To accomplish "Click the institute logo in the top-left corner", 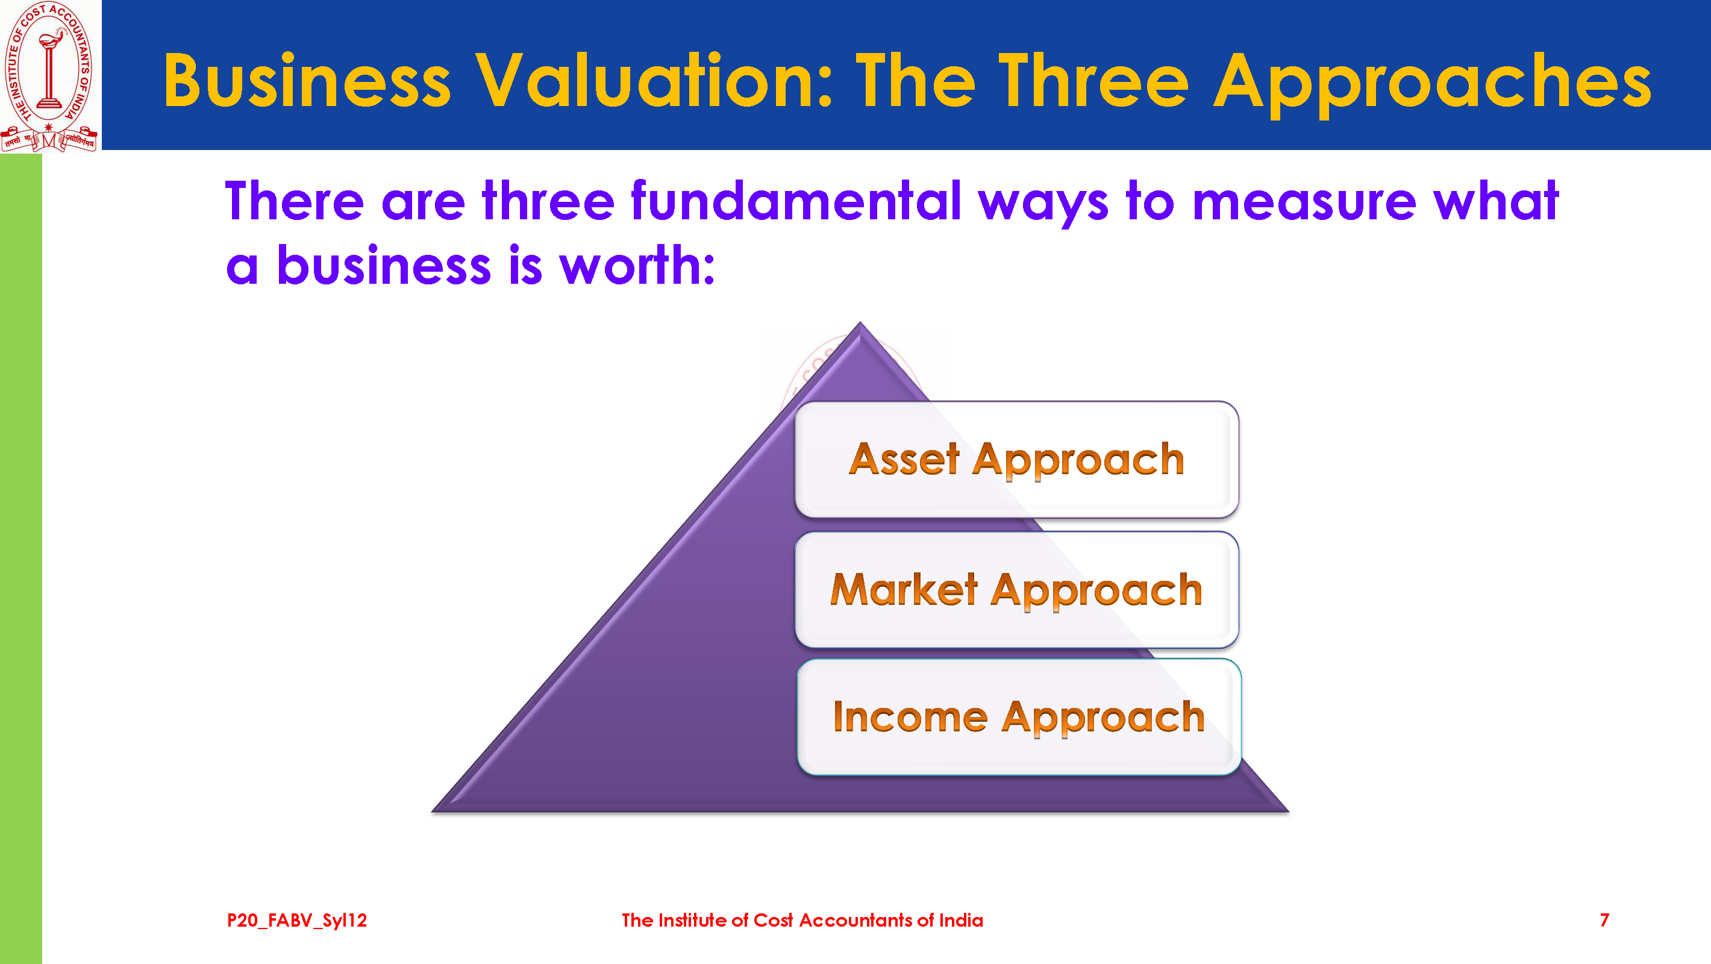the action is click(x=50, y=76).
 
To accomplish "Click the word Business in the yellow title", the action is click(x=307, y=81).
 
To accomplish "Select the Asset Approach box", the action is click(x=1016, y=459).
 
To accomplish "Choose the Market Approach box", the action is click(x=1016, y=589).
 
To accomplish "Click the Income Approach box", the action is click(x=1019, y=717).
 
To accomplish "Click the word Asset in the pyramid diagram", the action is click(x=904, y=459).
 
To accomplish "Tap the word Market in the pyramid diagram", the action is click(x=904, y=589).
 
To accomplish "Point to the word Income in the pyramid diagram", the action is click(x=910, y=717).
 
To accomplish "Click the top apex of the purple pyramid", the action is click(x=860, y=322).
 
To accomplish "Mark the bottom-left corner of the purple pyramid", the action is click(x=433, y=811).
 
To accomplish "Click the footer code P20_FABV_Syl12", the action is click(x=297, y=920).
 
